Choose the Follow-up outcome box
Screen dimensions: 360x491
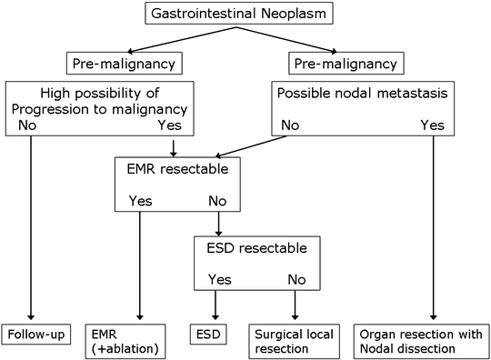[35, 335]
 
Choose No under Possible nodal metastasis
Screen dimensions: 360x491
[289, 125]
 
